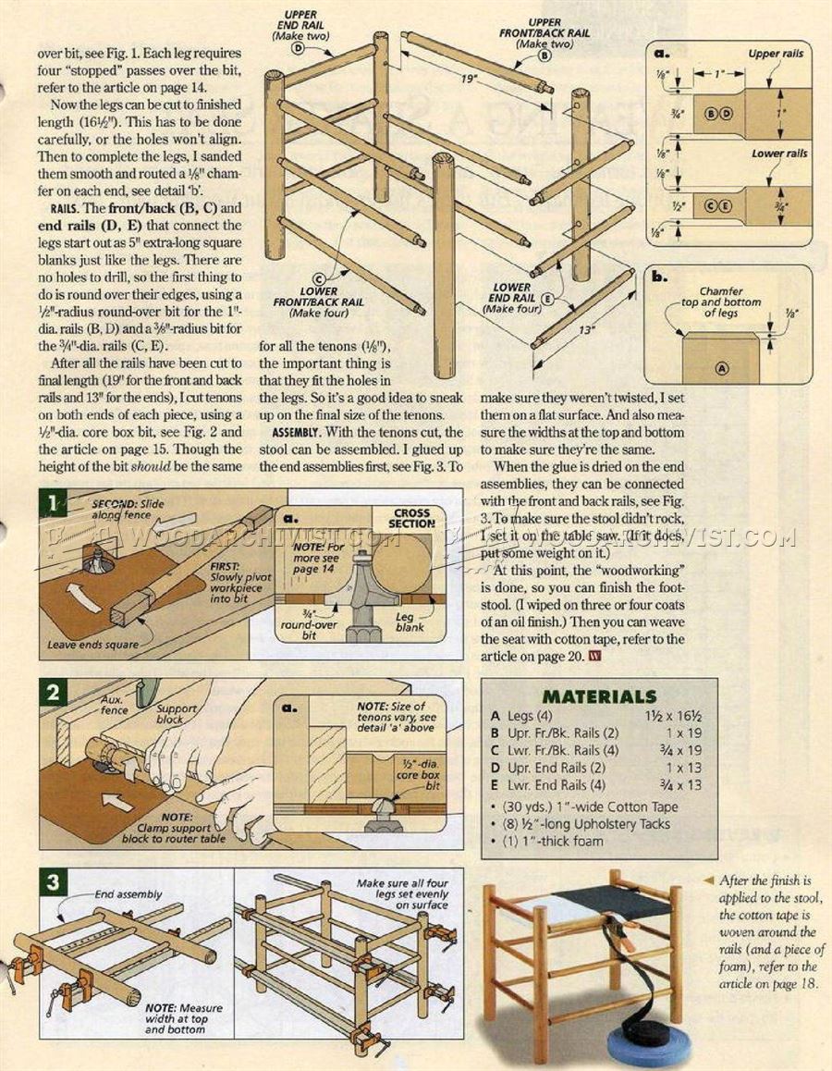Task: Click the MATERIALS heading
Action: (x=599, y=696)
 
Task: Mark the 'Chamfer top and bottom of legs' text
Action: (x=730, y=302)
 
